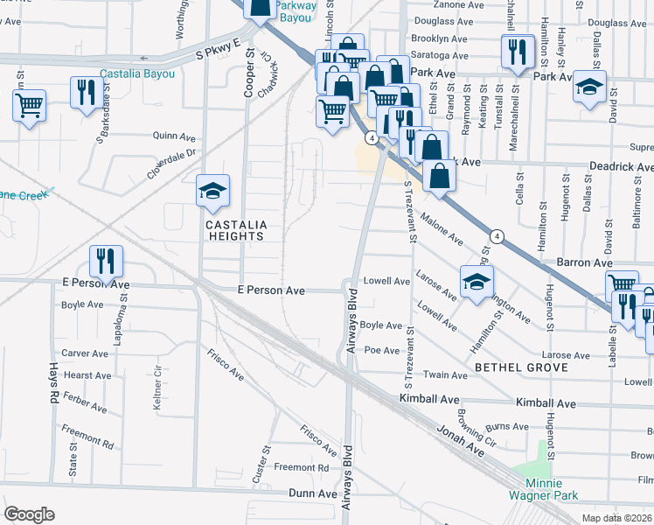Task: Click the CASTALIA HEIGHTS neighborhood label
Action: [x=234, y=230]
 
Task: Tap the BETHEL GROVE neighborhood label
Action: [x=521, y=367]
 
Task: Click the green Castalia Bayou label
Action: [x=136, y=73]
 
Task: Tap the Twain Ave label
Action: [x=446, y=374]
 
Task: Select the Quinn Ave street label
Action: [x=173, y=136]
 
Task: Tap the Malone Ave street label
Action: [x=442, y=227]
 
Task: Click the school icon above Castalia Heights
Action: [x=212, y=191]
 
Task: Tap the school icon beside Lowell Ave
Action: [x=476, y=283]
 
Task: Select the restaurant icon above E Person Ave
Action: [x=106, y=260]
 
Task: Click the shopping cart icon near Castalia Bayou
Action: [x=29, y=106]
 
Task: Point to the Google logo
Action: [x=29, y=514]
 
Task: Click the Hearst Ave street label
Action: [x=87, y=375]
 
